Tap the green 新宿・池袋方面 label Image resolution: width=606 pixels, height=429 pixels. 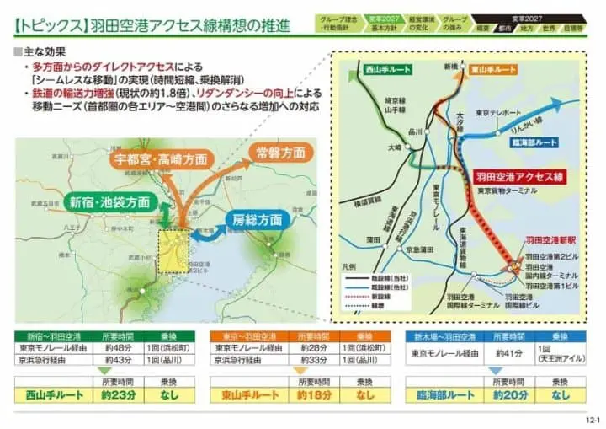[x=110, y=203]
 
